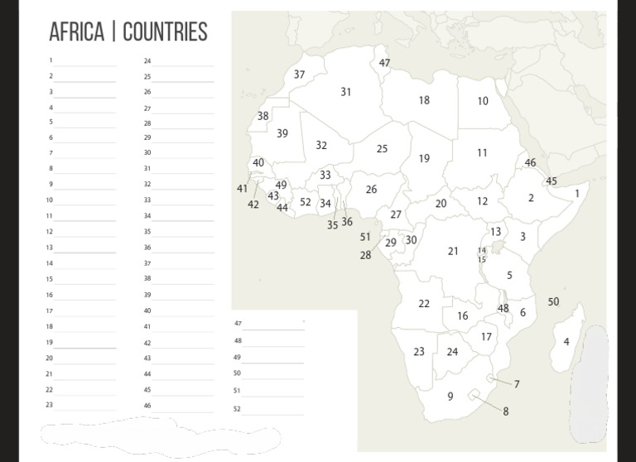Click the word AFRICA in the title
76,32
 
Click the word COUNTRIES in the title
165,32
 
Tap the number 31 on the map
346,92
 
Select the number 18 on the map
424,100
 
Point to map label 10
483,101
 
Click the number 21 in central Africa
453,251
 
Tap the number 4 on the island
566,341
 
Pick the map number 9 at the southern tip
450,396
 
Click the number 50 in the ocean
553,301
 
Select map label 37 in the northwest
300,75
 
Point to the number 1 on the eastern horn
577,194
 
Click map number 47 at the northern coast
384,63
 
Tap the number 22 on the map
424,304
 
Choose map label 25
382,149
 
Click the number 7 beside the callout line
517,384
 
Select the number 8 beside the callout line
505,411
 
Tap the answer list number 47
238,324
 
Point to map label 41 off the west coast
242,189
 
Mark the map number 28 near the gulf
365,255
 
